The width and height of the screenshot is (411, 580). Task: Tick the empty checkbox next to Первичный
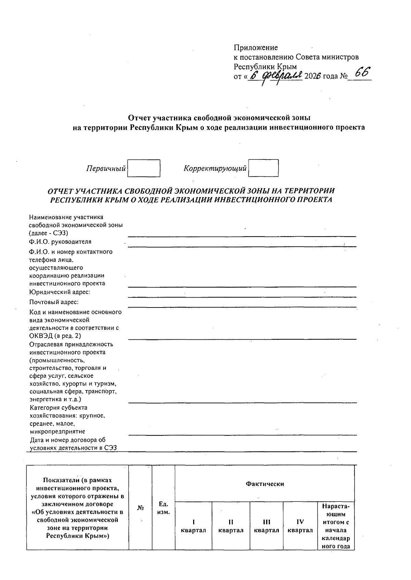(x=144, y=168)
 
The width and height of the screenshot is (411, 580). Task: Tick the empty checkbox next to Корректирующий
(x=263, y=168)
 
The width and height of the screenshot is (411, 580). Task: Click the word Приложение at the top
(x=256, y=48)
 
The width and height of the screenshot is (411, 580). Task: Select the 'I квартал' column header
(x=194, y=526)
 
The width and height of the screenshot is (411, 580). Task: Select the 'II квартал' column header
(x=231, y=526)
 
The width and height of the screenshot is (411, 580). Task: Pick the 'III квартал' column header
(x=266, y=526)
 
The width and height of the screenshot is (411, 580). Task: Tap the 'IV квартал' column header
(x=300, y=526)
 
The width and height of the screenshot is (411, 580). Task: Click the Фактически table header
(x=265, y=484)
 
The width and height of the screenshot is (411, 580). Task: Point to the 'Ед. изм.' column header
(x=163, y=508)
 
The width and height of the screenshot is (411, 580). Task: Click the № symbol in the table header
(x=140, y=508)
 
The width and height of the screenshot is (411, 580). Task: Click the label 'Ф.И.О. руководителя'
(x=60, y=242)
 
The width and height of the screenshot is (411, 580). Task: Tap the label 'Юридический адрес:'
(x=60, y=292)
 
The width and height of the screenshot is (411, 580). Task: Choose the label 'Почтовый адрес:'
(x=54, y=302)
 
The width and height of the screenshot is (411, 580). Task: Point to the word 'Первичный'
(x=106, y=169)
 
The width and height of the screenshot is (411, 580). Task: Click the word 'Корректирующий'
(x=215, y=168)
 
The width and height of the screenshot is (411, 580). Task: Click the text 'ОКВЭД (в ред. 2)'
(x=55, y=336)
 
